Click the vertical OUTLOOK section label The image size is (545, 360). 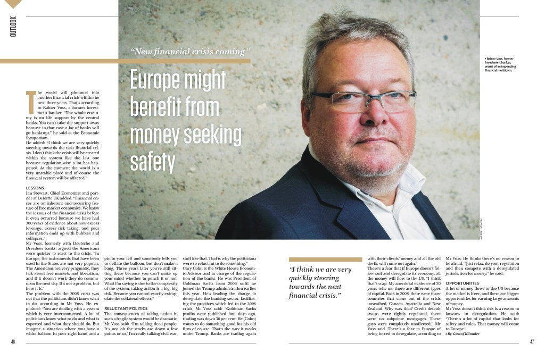[13, 27]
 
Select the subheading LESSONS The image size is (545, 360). [36, 188]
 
